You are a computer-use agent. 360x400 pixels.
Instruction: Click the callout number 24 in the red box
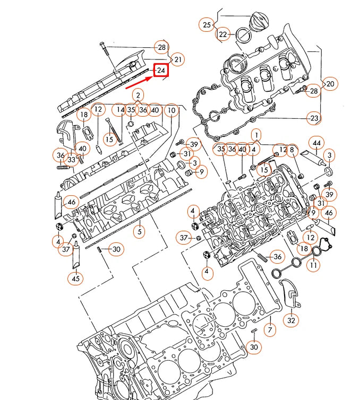click(161, 71)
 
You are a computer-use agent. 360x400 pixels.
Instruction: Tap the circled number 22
click(223, 34)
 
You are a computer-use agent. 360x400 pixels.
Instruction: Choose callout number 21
click(177, 59)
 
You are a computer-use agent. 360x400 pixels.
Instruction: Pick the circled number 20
click(330, 84)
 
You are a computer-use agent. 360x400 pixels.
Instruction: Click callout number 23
click(314, 118)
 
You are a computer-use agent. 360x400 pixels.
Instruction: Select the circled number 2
click(138, 95)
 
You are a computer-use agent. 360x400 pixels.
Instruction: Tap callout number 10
click(170, 110)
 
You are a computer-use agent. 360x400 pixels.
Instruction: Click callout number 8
click(291, 150)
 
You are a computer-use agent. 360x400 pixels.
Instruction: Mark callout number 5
click(139, 232)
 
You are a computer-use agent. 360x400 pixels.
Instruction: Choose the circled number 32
click(290, 320)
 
